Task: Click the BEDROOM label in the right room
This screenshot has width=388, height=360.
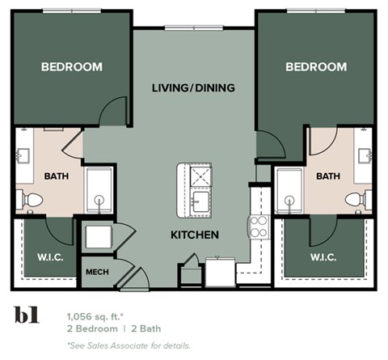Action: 316,67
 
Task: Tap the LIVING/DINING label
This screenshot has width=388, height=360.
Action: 193,87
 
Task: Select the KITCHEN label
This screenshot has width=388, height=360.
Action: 194,235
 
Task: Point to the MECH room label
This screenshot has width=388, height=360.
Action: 97,272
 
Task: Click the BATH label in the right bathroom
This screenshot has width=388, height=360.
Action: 327,176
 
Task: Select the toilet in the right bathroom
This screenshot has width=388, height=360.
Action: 356,199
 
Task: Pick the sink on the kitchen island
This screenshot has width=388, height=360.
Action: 199,199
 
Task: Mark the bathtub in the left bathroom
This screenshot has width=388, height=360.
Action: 99,191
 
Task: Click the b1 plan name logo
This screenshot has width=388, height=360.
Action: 27,316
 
